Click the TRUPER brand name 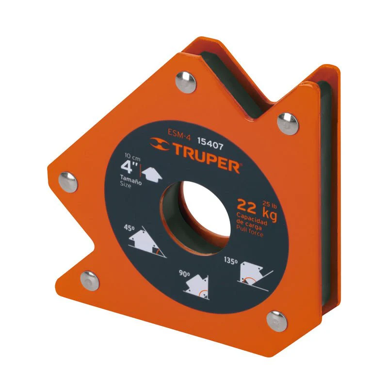[x=206, y=158]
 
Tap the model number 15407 [x=210, y=144]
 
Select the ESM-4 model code [x=179, y=135]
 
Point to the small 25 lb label [x=270, y=204]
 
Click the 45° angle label [x=129, y=227]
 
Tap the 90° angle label [x=184, y=274]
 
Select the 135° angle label [x=231, y=260]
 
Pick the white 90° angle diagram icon [x=197, y=287]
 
